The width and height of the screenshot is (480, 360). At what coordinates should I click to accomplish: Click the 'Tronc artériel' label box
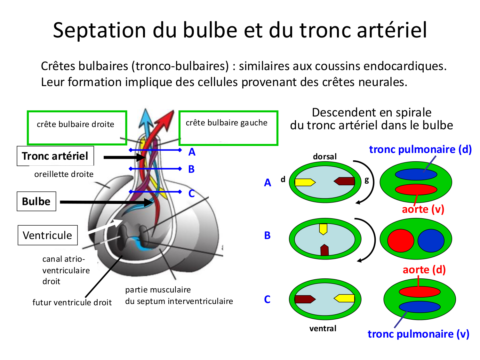tap(55, 156)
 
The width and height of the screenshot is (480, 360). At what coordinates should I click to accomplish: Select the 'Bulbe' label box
tap(36, 201)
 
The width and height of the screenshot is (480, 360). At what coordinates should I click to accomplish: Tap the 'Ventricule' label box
tap(47, 235)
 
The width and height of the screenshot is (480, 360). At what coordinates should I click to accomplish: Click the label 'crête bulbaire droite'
tap(76, 124)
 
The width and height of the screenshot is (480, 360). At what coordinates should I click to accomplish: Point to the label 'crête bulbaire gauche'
tap(227, 123)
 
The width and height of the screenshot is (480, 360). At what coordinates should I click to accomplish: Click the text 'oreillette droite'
tap(64, 174)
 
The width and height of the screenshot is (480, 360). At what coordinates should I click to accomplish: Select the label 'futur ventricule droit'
tap(72, 302)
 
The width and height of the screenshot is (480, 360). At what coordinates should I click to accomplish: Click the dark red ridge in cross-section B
tap(324, 250)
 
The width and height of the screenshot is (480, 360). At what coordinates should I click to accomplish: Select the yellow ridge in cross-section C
tap(345, 299)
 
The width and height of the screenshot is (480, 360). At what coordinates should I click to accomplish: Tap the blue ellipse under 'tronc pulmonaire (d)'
tap(416, 174)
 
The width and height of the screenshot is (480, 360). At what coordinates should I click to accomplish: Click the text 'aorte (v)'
tap(423, 209)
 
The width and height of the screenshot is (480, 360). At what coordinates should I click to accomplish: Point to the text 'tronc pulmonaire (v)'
tap(418, 334)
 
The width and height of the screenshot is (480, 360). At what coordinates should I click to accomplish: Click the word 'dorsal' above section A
tap(325, 156)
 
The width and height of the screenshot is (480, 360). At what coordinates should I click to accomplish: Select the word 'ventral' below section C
tap(323, 328)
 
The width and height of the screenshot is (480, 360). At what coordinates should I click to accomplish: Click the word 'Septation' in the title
tap(99, 30)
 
